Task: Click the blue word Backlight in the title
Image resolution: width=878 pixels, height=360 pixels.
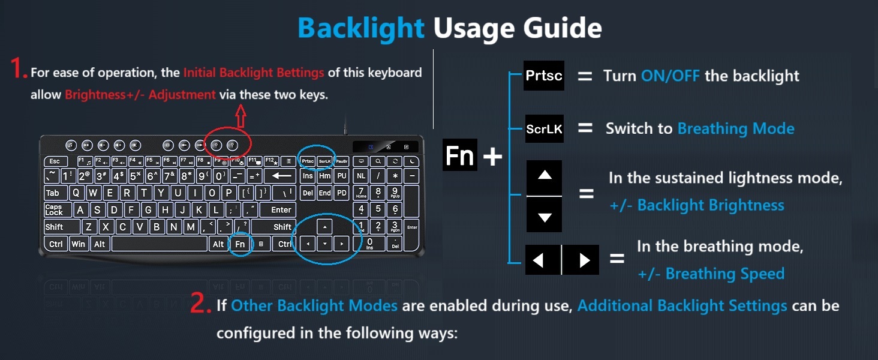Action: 360,28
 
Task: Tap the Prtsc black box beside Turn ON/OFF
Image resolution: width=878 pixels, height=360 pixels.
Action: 543,76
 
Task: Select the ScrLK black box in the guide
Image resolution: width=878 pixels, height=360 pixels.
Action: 544,128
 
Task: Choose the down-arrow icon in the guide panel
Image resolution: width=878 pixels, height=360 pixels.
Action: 544,216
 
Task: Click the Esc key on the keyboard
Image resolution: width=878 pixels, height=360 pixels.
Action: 55,161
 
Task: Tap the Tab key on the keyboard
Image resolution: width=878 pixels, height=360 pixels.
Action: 54,193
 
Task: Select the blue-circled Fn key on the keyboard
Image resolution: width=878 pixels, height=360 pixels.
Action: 240,244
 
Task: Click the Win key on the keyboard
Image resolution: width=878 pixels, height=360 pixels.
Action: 79,244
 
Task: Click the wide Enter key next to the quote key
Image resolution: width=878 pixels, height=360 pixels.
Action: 280,210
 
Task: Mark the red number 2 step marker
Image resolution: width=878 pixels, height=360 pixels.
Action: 200,304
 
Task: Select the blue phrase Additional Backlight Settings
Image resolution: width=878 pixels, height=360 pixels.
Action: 682,305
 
